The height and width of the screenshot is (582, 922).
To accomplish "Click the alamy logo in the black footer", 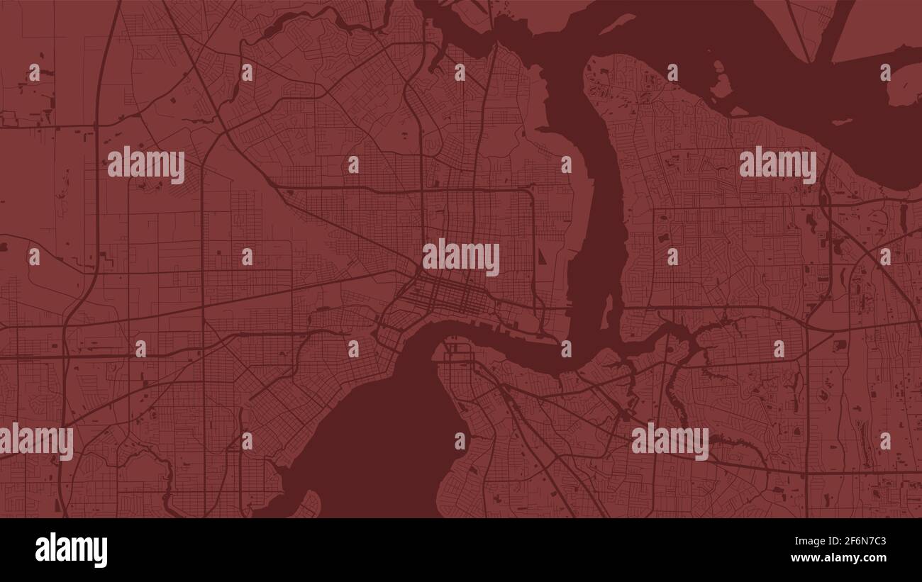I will (x=71, y=550).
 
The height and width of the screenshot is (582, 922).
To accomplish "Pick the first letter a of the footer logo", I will (x=42, y=551).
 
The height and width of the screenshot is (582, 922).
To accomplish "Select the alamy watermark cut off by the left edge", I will (x=36, y=441).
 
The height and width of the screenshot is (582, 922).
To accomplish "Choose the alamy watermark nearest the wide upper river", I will (x=777, y=164).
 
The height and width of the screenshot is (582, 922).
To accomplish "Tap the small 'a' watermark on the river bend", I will (x=566, y=349).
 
